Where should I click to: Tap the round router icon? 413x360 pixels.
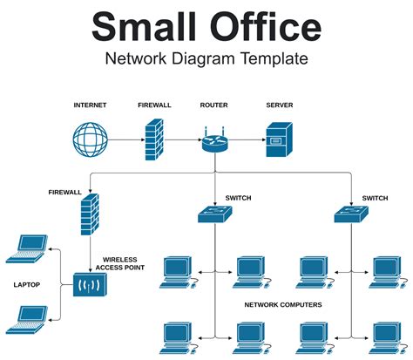(x=213, y=141)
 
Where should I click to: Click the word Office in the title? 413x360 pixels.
(x=261, y=27)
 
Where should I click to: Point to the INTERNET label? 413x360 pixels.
(x=90, y=105)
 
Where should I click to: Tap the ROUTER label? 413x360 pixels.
(x=213, y=105)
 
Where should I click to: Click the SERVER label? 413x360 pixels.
(x=279, y=105)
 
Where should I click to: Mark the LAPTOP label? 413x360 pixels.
(x=27, y=284)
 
